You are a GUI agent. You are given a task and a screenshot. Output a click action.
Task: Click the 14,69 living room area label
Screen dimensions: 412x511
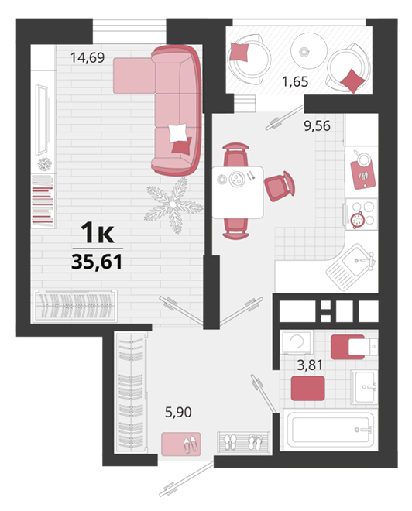(x=88, y=58)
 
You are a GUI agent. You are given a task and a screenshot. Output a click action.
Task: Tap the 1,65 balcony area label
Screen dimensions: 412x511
(x=295, y=81)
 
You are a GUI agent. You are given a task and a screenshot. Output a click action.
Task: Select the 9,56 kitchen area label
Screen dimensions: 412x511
(x=317, y=125)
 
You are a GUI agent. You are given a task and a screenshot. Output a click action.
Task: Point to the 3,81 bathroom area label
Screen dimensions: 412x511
(x=310, y=365)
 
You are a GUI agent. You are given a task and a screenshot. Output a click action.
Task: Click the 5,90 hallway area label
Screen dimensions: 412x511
(x=178, y=412)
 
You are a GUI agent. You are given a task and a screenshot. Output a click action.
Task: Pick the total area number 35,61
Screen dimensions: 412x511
(x=97, y=262)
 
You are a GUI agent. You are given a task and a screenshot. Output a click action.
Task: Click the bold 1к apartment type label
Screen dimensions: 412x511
(x=98, y=232)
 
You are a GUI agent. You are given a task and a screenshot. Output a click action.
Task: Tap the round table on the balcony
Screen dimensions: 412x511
(x=309, y=51)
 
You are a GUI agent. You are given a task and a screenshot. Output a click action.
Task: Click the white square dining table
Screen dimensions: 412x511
(x=238, y=192)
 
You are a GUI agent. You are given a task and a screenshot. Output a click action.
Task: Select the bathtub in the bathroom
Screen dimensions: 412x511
(x=330, y=430)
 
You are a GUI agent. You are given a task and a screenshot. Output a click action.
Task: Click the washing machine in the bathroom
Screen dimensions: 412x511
(x=297, y=342)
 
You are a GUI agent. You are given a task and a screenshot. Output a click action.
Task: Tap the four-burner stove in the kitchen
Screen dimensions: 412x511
(x=362, y=214)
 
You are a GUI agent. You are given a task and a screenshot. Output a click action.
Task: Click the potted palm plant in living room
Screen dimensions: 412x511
(x=173, y=204)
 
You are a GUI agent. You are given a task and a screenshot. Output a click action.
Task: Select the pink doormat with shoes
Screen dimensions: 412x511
(x=181, y=444)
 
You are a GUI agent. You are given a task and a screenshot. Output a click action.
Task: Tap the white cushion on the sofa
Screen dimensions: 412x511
(x=178, y=132)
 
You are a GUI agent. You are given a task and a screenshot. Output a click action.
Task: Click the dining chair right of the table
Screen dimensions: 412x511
(x=280, y=186)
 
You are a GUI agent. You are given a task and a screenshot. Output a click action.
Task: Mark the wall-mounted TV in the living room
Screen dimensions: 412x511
(x=43, y=120)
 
